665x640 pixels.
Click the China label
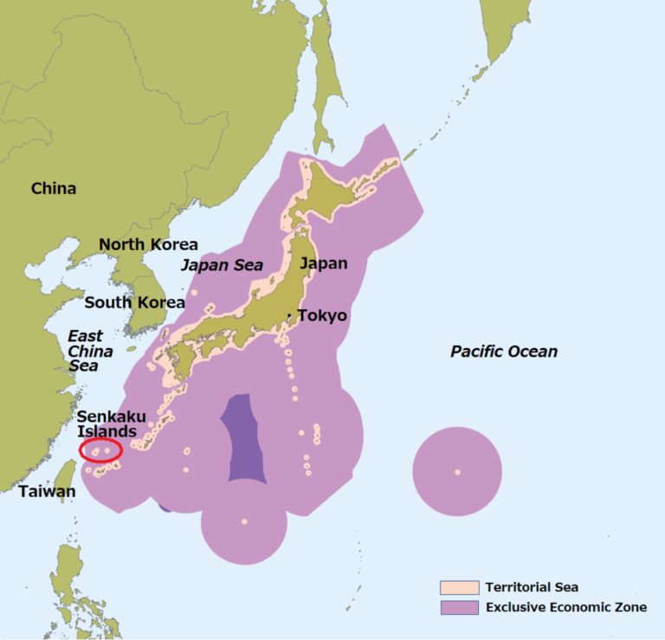coord(54,188)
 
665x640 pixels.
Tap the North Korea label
coord(148,244)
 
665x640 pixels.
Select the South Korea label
coord(134,302)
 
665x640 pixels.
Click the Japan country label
coord(323,263)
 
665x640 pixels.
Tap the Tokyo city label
coord(322,315)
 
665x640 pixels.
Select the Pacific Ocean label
coord(504,351)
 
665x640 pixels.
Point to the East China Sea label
coord(90,351)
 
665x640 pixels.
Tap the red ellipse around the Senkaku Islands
coord(100,449)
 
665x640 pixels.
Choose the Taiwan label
coord(47,491)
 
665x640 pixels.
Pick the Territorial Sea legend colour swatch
coord(459,587)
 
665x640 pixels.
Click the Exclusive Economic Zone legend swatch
coord(459,607)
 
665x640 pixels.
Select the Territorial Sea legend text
coord(532,587)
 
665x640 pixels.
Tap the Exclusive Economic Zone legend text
coord(565,607)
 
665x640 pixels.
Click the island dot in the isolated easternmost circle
coord(457,472)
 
